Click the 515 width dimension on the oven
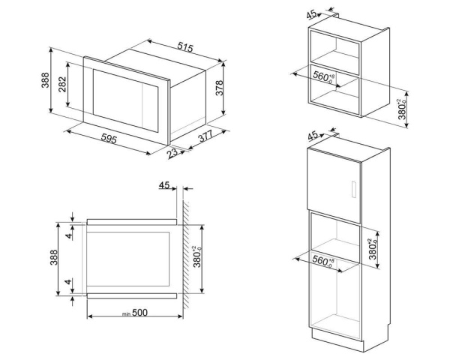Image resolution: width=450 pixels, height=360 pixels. pos(184,47)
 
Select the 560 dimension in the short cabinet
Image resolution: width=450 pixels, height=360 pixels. pos(322,76)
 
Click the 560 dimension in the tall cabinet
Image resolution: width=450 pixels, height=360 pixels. pos(322,261)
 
